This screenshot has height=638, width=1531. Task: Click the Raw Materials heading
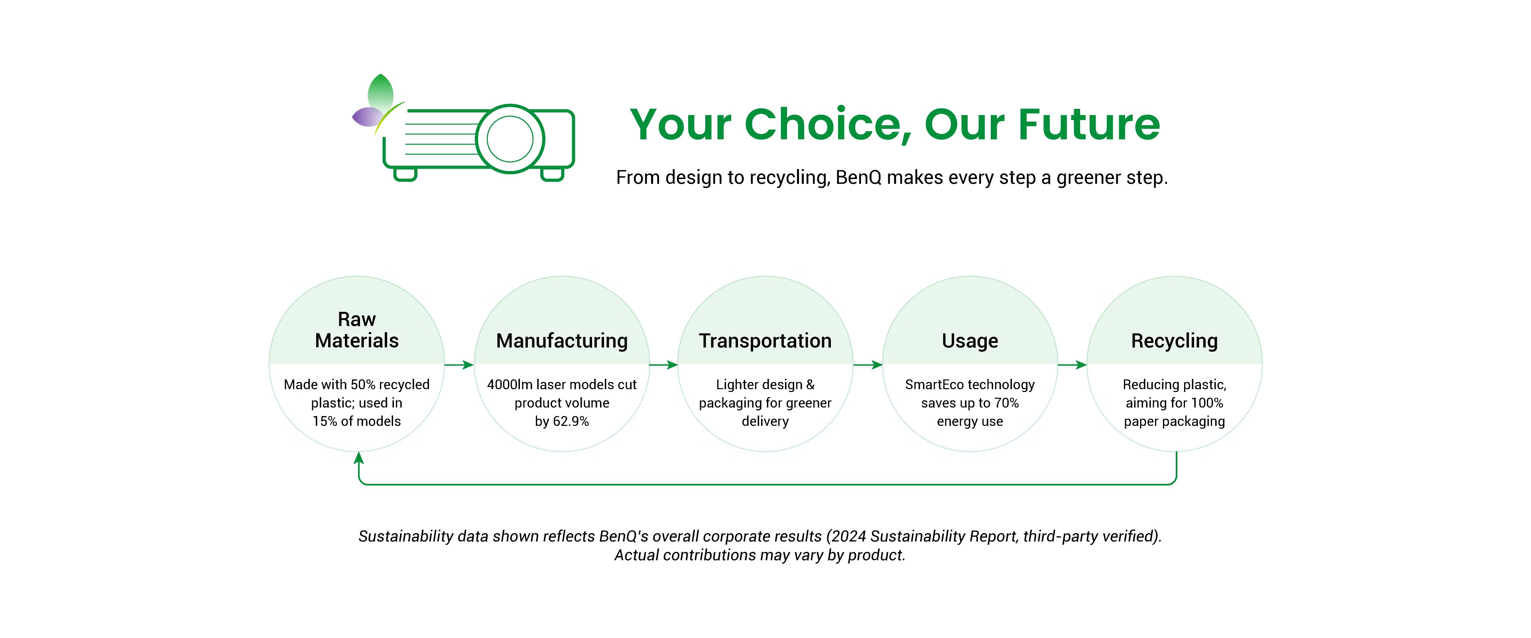(356, 330)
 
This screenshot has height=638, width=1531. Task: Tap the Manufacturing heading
(562, 341)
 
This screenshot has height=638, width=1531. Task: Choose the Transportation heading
(765, 341)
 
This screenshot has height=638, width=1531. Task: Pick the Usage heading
(970, 341)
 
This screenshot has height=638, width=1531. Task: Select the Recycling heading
(1175, 341)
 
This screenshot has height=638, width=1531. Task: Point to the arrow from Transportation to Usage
(868, 364)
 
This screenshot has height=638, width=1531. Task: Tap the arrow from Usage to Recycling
(1072, 364)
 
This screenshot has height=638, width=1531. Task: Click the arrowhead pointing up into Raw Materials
(358, 457)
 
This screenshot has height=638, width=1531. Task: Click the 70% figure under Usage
(1006, 403)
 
